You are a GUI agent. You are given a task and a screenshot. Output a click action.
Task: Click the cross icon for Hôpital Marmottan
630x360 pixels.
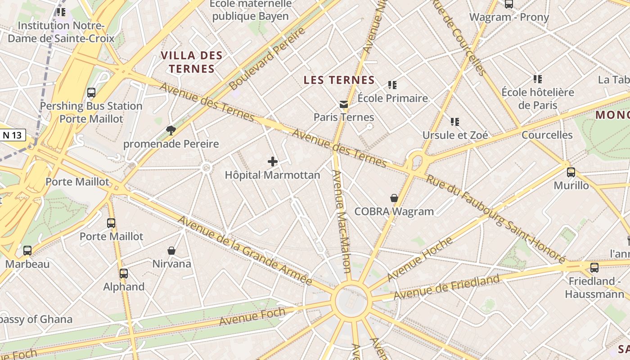pos(273,162)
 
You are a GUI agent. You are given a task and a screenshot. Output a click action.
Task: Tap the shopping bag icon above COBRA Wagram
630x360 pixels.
pos(394,198)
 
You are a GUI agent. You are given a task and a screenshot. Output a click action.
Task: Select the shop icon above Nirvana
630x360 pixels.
pos(171,250)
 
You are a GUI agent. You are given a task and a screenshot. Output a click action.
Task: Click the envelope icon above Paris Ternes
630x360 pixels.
pos(344,104)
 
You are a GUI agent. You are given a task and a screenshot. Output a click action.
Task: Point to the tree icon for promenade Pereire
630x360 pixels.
pos(171,130)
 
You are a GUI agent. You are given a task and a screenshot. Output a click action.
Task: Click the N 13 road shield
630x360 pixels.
pos(13,135)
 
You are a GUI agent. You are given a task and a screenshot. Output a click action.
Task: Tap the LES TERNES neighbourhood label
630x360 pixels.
pos(339,80)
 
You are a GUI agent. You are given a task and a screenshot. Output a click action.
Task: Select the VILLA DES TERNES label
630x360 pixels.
pos(192,62)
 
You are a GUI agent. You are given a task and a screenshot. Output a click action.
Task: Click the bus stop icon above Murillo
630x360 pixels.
pos(571,172)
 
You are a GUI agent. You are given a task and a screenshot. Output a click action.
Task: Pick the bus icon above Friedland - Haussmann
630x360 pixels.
pos(594,268)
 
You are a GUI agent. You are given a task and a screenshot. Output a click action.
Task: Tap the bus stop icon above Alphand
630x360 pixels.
pos(124,273)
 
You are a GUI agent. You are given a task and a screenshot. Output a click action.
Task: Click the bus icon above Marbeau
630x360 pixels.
pos(27,251)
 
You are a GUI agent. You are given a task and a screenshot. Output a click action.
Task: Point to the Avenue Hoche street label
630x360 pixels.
pos(420,259)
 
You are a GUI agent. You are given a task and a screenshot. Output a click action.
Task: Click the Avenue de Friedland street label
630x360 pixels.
pos(446,287)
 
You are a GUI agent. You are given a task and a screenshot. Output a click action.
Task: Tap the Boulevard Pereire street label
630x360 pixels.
pos(267,58)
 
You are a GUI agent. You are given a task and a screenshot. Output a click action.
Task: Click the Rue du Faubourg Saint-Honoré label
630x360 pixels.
pos(495,218)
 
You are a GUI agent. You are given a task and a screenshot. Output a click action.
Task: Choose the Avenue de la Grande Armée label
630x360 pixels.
pos(245,250)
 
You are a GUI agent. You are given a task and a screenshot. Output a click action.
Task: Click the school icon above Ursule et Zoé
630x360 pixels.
pos(455,121)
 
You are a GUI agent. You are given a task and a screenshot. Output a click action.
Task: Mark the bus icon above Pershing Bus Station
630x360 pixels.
pos(91,93)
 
